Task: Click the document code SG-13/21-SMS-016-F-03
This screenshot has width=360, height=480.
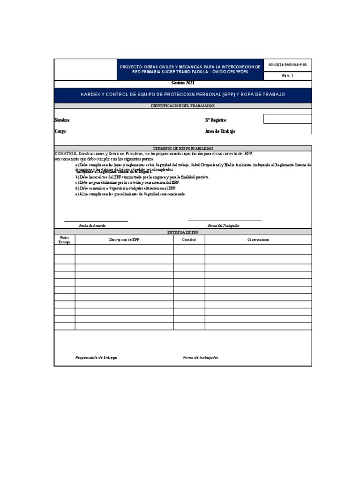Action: (288, 65)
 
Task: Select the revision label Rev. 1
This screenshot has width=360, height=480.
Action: (287, 75)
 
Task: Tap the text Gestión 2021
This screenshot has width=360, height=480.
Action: (183, 83)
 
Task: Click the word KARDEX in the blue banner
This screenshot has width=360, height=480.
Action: (92, 95)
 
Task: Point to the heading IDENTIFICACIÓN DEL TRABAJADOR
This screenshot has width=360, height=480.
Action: (183, 107)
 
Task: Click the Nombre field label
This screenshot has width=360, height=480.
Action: (62, 120)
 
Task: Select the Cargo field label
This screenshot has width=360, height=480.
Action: (60, 132)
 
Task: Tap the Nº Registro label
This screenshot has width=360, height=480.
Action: (216, 120)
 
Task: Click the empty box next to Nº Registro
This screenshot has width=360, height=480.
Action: (287, 119)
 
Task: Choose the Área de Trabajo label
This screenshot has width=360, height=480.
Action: (221, 132)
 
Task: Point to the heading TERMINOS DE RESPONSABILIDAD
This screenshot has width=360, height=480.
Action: (183, 148)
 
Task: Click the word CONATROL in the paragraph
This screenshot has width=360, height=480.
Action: (66, 154)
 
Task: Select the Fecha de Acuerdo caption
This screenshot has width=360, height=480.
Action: (92, 225)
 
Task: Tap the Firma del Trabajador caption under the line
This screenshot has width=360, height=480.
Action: (224, 225)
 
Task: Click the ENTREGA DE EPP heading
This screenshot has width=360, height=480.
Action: (183, 232)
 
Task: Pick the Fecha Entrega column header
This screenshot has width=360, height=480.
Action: (65, 240)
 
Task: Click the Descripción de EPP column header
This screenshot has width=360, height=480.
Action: (124, 240)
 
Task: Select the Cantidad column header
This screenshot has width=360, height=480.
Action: (189, 240)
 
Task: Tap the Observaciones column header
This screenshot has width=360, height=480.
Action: (258, 240)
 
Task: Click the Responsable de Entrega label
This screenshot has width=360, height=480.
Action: (97, 358)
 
